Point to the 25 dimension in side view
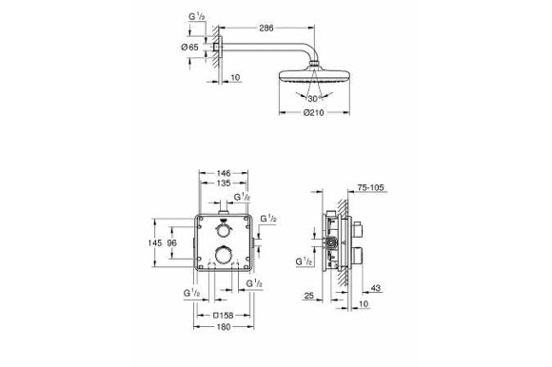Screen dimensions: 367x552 click(x=309, y=297)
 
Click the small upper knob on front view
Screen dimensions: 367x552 click(x=223, y=232)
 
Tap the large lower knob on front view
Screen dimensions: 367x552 click(x=223, y=254)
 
